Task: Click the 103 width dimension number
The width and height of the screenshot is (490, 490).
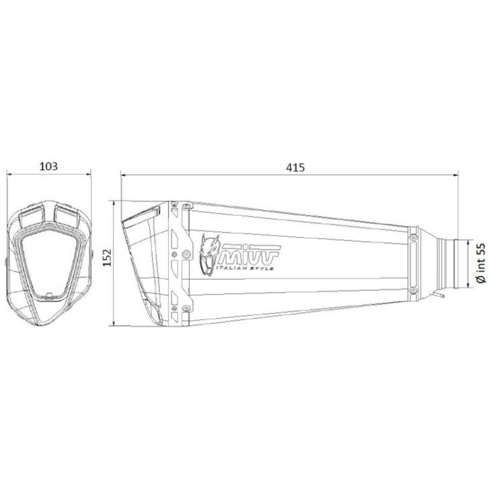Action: tap(48, 166)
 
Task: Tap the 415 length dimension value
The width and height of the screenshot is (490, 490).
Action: tap(295, 168)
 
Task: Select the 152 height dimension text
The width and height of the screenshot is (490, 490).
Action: tap(108, 257)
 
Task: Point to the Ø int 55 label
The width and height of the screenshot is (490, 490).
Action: tap(481, 263)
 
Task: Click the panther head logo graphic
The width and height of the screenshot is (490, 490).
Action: tap(209, 255)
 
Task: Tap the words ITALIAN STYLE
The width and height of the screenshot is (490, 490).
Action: tap(245, 268)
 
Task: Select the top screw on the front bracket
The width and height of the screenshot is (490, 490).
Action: tap(187, 206)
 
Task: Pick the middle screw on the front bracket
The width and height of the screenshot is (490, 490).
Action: tap(187, 255)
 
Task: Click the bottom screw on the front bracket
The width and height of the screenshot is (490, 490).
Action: tap(186, 309)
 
